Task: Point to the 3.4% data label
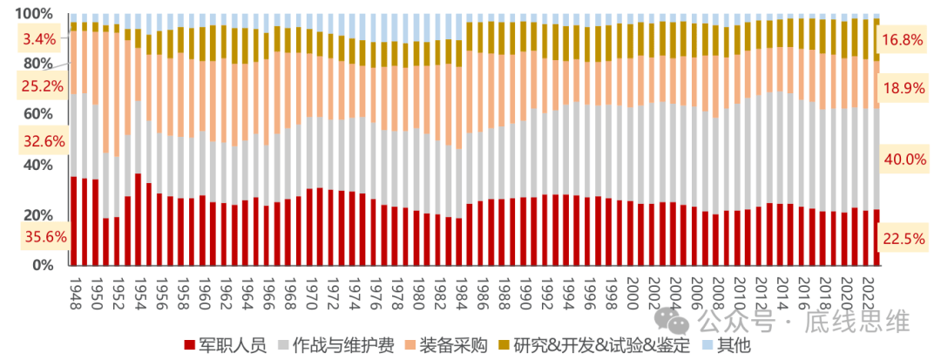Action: [39, 38]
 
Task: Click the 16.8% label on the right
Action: [903, 39]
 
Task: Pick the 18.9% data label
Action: [903, 89]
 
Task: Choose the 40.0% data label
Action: [903, 160]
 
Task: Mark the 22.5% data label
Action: [903, 238]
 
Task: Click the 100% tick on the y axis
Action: [34, 14]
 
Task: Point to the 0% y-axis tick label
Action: [41, 265]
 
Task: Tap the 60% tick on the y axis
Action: [37, 114]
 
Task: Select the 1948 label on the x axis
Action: [75, 287]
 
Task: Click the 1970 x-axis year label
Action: [310, 287]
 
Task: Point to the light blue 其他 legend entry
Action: [726, 345]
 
